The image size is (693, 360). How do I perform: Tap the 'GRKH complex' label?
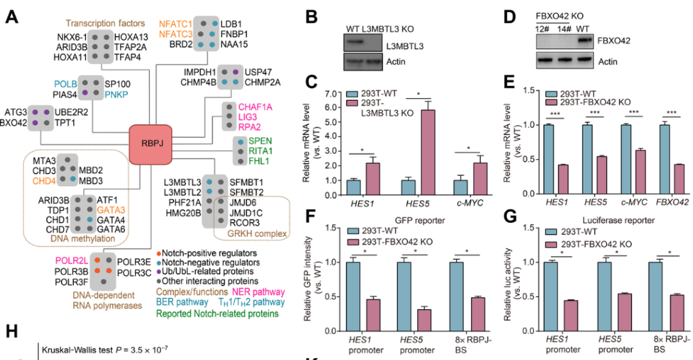click(x=261, y=233)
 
